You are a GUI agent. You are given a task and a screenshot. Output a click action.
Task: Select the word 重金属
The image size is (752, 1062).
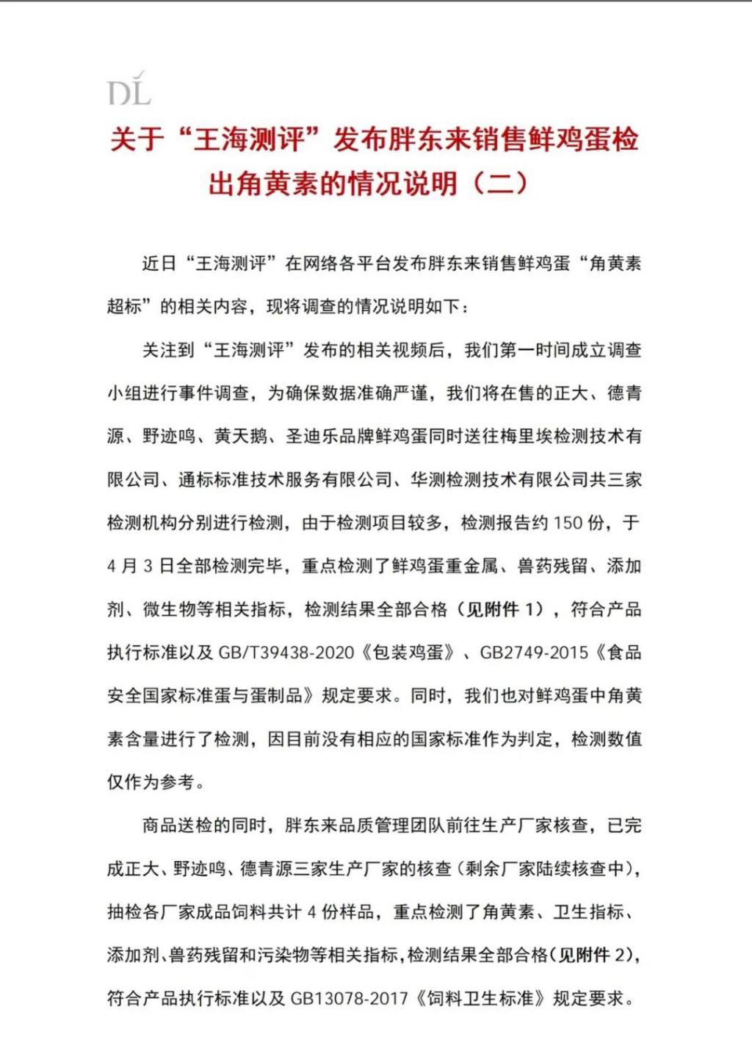click(471, 567)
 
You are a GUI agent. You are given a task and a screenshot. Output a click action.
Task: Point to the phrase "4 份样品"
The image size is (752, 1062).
click(340, 912)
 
